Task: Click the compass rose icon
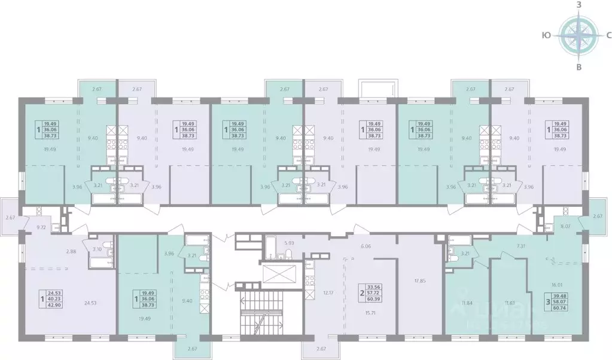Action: click(578, 35)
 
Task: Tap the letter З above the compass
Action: click(578, 5)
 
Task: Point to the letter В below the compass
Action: click(578, 66)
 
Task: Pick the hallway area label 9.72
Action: click(41, 228)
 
